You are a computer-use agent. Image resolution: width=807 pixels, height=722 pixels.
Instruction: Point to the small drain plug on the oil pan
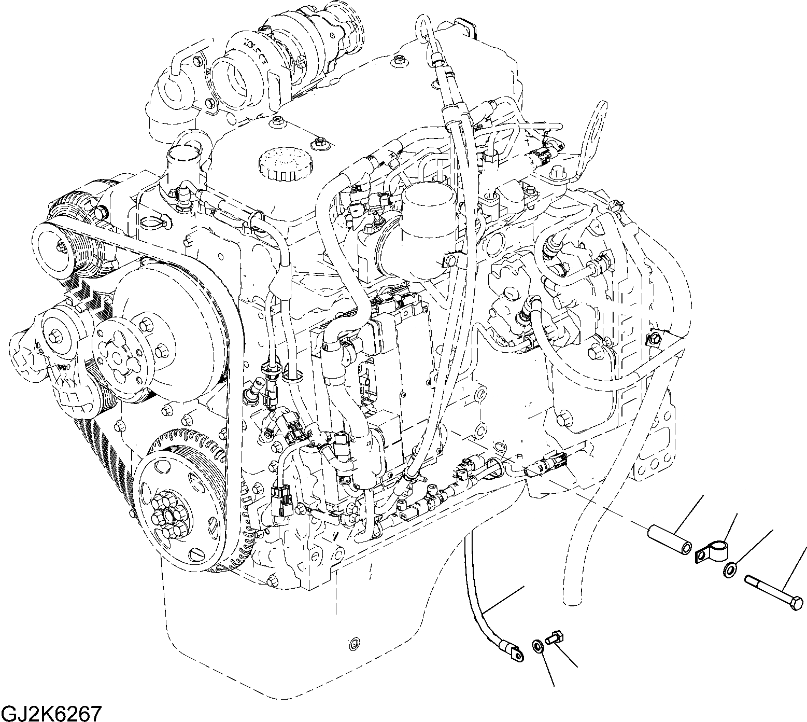click(354, 644)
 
